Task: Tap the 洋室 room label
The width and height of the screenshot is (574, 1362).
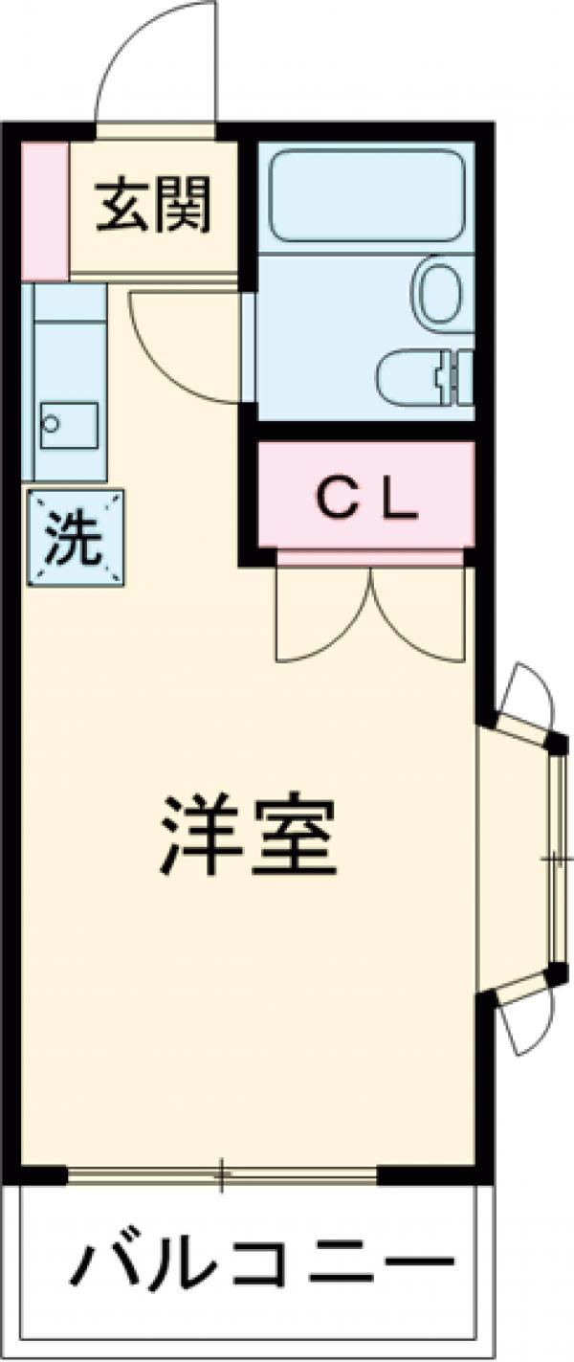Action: pyautogui.click(x=248, y=834)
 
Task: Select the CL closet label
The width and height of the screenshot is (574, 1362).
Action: pyautogui.click(x=367, y=499)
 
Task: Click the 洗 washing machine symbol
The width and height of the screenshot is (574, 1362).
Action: pyautogui.click(x=76, y=538)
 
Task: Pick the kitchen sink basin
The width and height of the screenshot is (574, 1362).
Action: pyautogui.click(x=69, y=422)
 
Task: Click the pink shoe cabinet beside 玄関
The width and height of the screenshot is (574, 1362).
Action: pyautogui.click(x=44, y=211)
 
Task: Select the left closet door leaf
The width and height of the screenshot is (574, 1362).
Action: pyautogui.click(x=320, y=617)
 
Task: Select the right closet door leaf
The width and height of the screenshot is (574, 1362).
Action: pyautogui.click(x=421, y=617)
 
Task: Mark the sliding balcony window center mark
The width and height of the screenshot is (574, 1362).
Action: pyautogui.click(x=221, y=1174)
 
